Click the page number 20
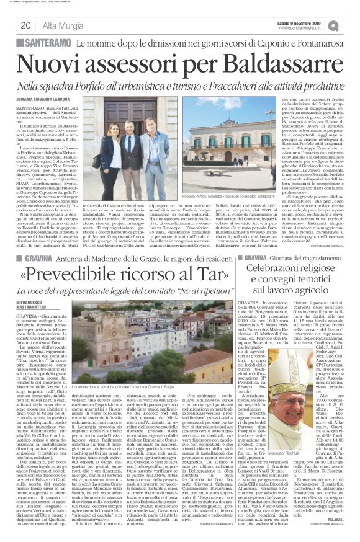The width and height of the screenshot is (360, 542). click(26, 25)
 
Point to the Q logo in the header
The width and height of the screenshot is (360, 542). click(350, 25)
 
